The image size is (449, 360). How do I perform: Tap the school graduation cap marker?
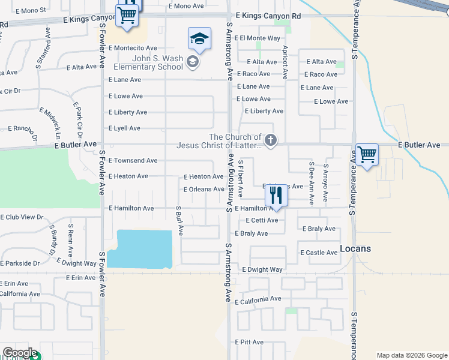pyautogui.click(x=199, y=40)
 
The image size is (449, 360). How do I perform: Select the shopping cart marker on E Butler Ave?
pyautogui.click(x=367, y=154)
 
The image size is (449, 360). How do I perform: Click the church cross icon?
pyautogui.click(x=271, y=141)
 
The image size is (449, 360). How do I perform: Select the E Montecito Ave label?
pyautogui.click(x=133, y=48)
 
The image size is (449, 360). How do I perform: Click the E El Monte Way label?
pyautogui.click(x=258, y=38)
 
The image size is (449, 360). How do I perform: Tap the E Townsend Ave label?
pyautogui.click(x=133, y=161)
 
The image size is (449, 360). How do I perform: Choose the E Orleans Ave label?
pyautogui.click(x=203, y=190)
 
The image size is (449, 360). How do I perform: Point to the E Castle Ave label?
pyautogui.click(x=319, y=253)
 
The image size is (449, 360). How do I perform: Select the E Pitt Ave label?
pyautogui.click(x=249, y=342)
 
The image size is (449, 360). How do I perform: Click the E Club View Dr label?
pyautogui.click(x=22, y=217)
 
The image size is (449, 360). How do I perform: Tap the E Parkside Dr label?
pyautogui.click(x=20, y=263)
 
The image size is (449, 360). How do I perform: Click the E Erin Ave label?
pyautogui.click(x=14, y=284)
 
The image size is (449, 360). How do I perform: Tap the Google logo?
pyautogui.click(x=20, y=353)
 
